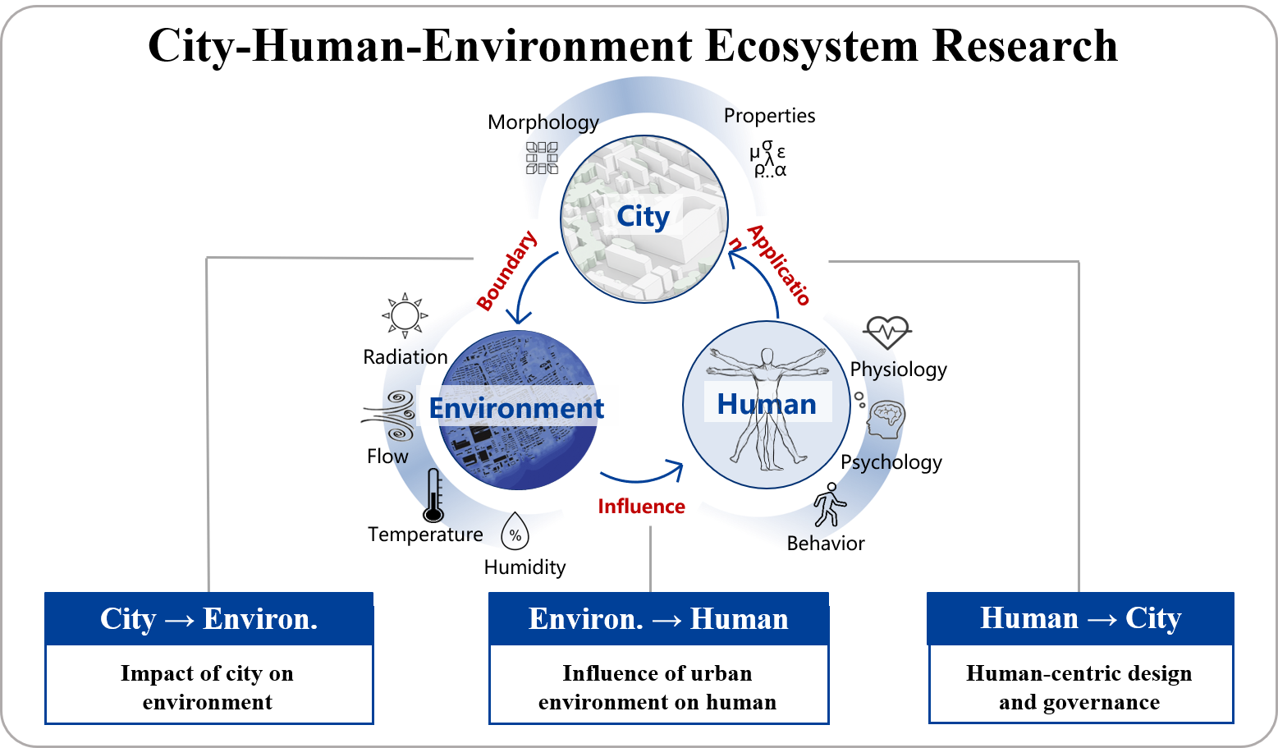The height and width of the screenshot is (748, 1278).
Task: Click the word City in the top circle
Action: [643, 217]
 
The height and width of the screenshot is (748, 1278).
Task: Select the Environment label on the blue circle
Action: [516, 408]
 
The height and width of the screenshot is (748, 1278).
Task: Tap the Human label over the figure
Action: [767, 404]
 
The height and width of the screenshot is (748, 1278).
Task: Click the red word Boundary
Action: [507, 271]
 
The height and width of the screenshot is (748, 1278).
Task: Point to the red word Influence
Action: [641, 507]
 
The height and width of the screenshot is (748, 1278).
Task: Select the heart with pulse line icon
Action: [888, 332]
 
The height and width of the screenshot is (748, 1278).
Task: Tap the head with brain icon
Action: [886, 419]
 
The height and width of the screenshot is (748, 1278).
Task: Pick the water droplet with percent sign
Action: [515, 532]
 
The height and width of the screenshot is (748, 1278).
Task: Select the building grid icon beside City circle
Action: [542, 157]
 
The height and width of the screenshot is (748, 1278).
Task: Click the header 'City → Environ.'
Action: [208, 619]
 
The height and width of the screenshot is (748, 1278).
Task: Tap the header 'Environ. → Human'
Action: [658, 619]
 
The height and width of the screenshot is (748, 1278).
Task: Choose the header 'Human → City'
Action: [1080, 618]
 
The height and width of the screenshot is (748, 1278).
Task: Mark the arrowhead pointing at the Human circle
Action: [676, 470]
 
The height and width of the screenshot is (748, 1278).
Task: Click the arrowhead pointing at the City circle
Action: [735, 259]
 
